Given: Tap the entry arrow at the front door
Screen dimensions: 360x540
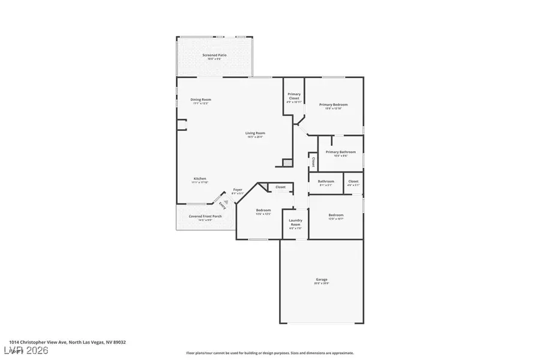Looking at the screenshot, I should coord(226,202).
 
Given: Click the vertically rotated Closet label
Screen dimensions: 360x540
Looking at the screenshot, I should coord(313,162).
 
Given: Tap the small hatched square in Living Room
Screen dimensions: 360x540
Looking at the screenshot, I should coord(287,163).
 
